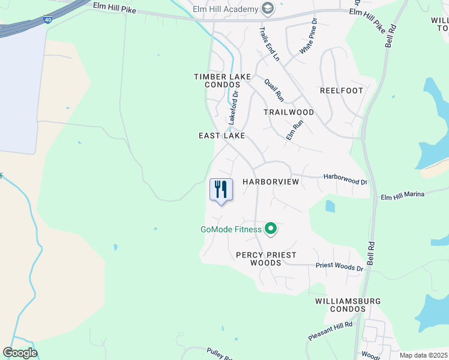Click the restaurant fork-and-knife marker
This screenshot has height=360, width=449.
[x=221, y=190]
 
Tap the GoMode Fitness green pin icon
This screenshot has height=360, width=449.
[x=271, y=228]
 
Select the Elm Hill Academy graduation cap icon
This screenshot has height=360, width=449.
[x=268, y=8]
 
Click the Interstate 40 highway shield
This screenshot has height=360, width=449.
[x=47, y=20]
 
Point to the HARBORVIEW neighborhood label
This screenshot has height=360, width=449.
[x=270, y=181]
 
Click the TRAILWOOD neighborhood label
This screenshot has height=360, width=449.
[x=289, y=112]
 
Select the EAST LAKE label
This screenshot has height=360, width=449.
[x=221, y=136]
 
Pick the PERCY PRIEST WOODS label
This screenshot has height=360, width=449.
[x=266, y=259]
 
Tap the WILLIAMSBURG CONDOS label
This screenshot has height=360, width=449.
[x=340, y=305]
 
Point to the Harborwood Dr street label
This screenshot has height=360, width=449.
[x=345, y=178]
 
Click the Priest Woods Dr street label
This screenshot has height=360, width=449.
[x=340, y=267]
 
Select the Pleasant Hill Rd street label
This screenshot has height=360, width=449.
[x=331, y=331]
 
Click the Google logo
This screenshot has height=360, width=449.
[x=20, y=353]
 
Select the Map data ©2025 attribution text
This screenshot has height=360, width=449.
[x=423, y=355]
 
